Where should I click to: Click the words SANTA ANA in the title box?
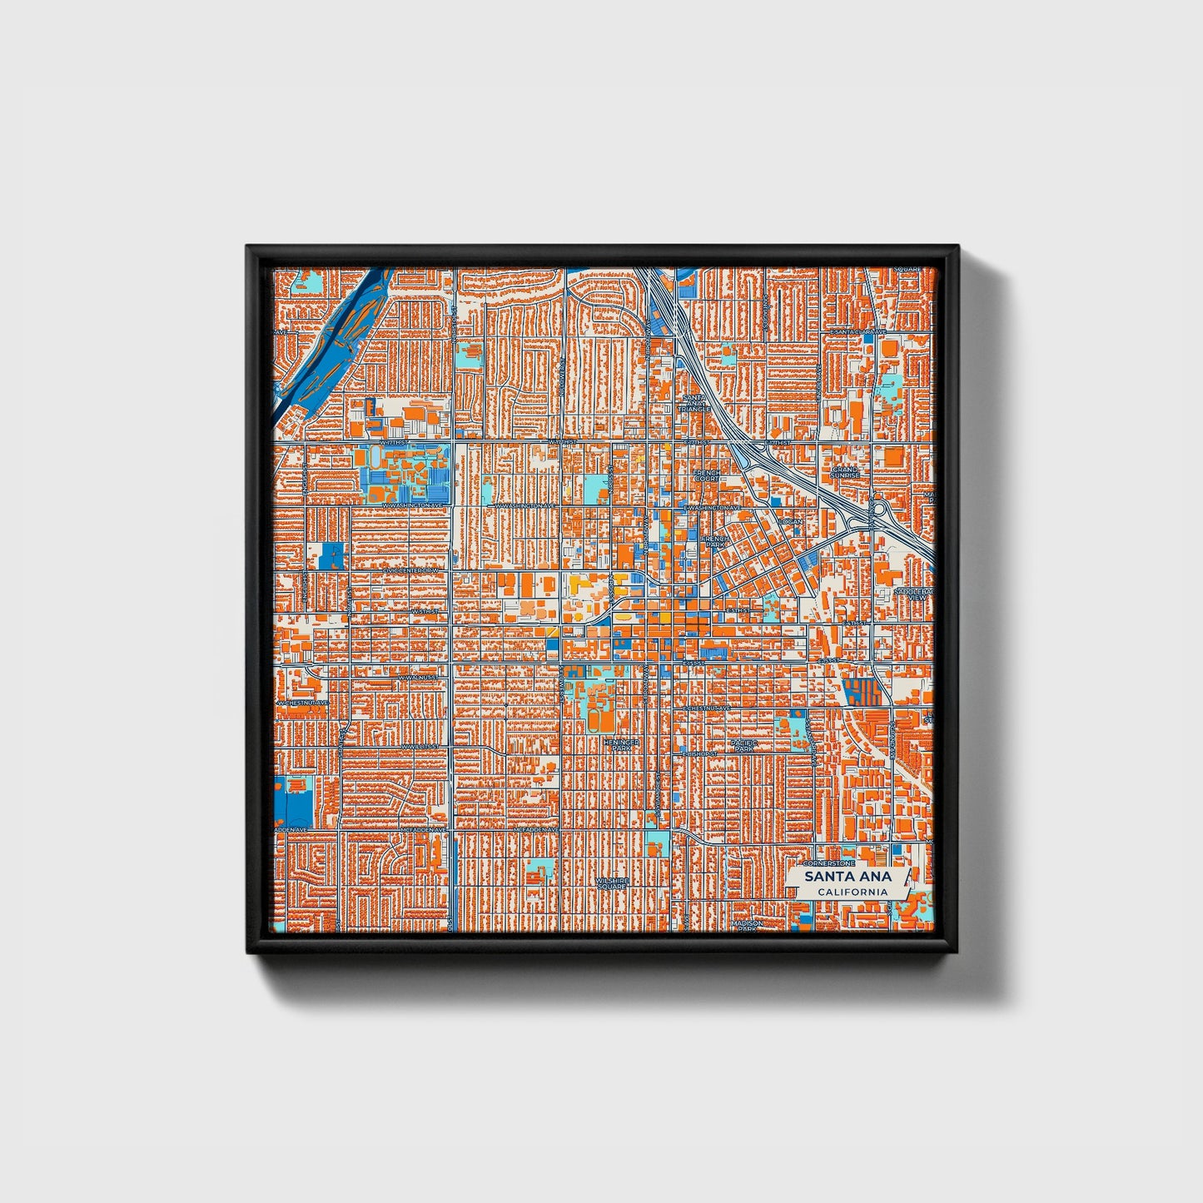click(x=848, y=877)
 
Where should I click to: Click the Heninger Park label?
click(x=621, y=743)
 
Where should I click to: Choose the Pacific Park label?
click(x=742, y=745)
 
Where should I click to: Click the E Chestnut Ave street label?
click(x=707, y=708)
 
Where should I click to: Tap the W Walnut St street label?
click(x=418, y=678)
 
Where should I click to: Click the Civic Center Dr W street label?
click(x=410, y=570)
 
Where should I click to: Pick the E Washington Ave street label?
click(x=713, y=507)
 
